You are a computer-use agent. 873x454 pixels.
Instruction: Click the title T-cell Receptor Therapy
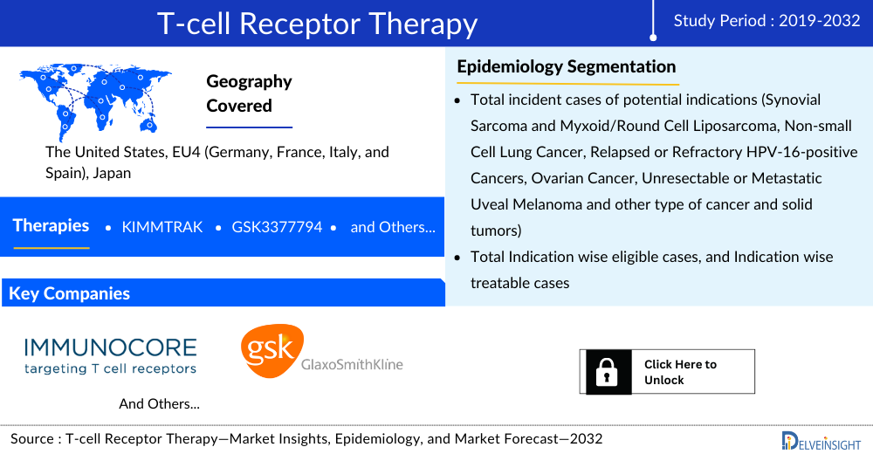pyautogui.click(x=318, y=24)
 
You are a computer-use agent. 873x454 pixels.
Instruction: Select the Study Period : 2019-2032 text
pyautogui.click(x=766, y=21)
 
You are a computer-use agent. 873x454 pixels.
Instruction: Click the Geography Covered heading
pyautogui.click(x=249, y=93)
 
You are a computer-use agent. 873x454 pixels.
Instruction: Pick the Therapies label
pyautogui.click(x=51, y=225)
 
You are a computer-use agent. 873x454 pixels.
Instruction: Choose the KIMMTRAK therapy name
pyautogui.click(x=162, y=227)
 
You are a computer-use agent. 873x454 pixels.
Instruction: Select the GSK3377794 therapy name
pyautogui.click(x=277, y=227)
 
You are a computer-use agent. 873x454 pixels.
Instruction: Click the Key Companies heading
pyautogui.click(x=69, y=293)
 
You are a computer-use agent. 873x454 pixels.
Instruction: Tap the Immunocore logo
pyautogui.click(x=110, y=355)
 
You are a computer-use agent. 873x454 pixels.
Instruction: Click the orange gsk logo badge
pyautogui.click(x=272, y=351)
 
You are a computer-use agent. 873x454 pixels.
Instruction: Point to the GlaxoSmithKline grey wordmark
pyautogui.click(x=352, y=365)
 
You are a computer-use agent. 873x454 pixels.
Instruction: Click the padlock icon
pyautogui.click(x=607, y=372)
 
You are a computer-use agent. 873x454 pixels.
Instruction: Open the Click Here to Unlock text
pyautogui.click(x=680, y=372)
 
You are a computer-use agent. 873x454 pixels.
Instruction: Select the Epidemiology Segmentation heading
pyautogui.click(x=567, y=67)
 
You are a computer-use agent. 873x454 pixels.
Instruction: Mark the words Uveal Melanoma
pyautogui.click(x=526, y=204)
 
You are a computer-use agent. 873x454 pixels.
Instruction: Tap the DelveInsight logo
pyautogui.click(x=821, y=441)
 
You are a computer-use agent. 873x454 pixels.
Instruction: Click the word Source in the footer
pyautogui.click(x=32, y=439)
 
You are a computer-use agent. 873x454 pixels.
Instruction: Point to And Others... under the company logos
pyautogui.click(x=159, y=404)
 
